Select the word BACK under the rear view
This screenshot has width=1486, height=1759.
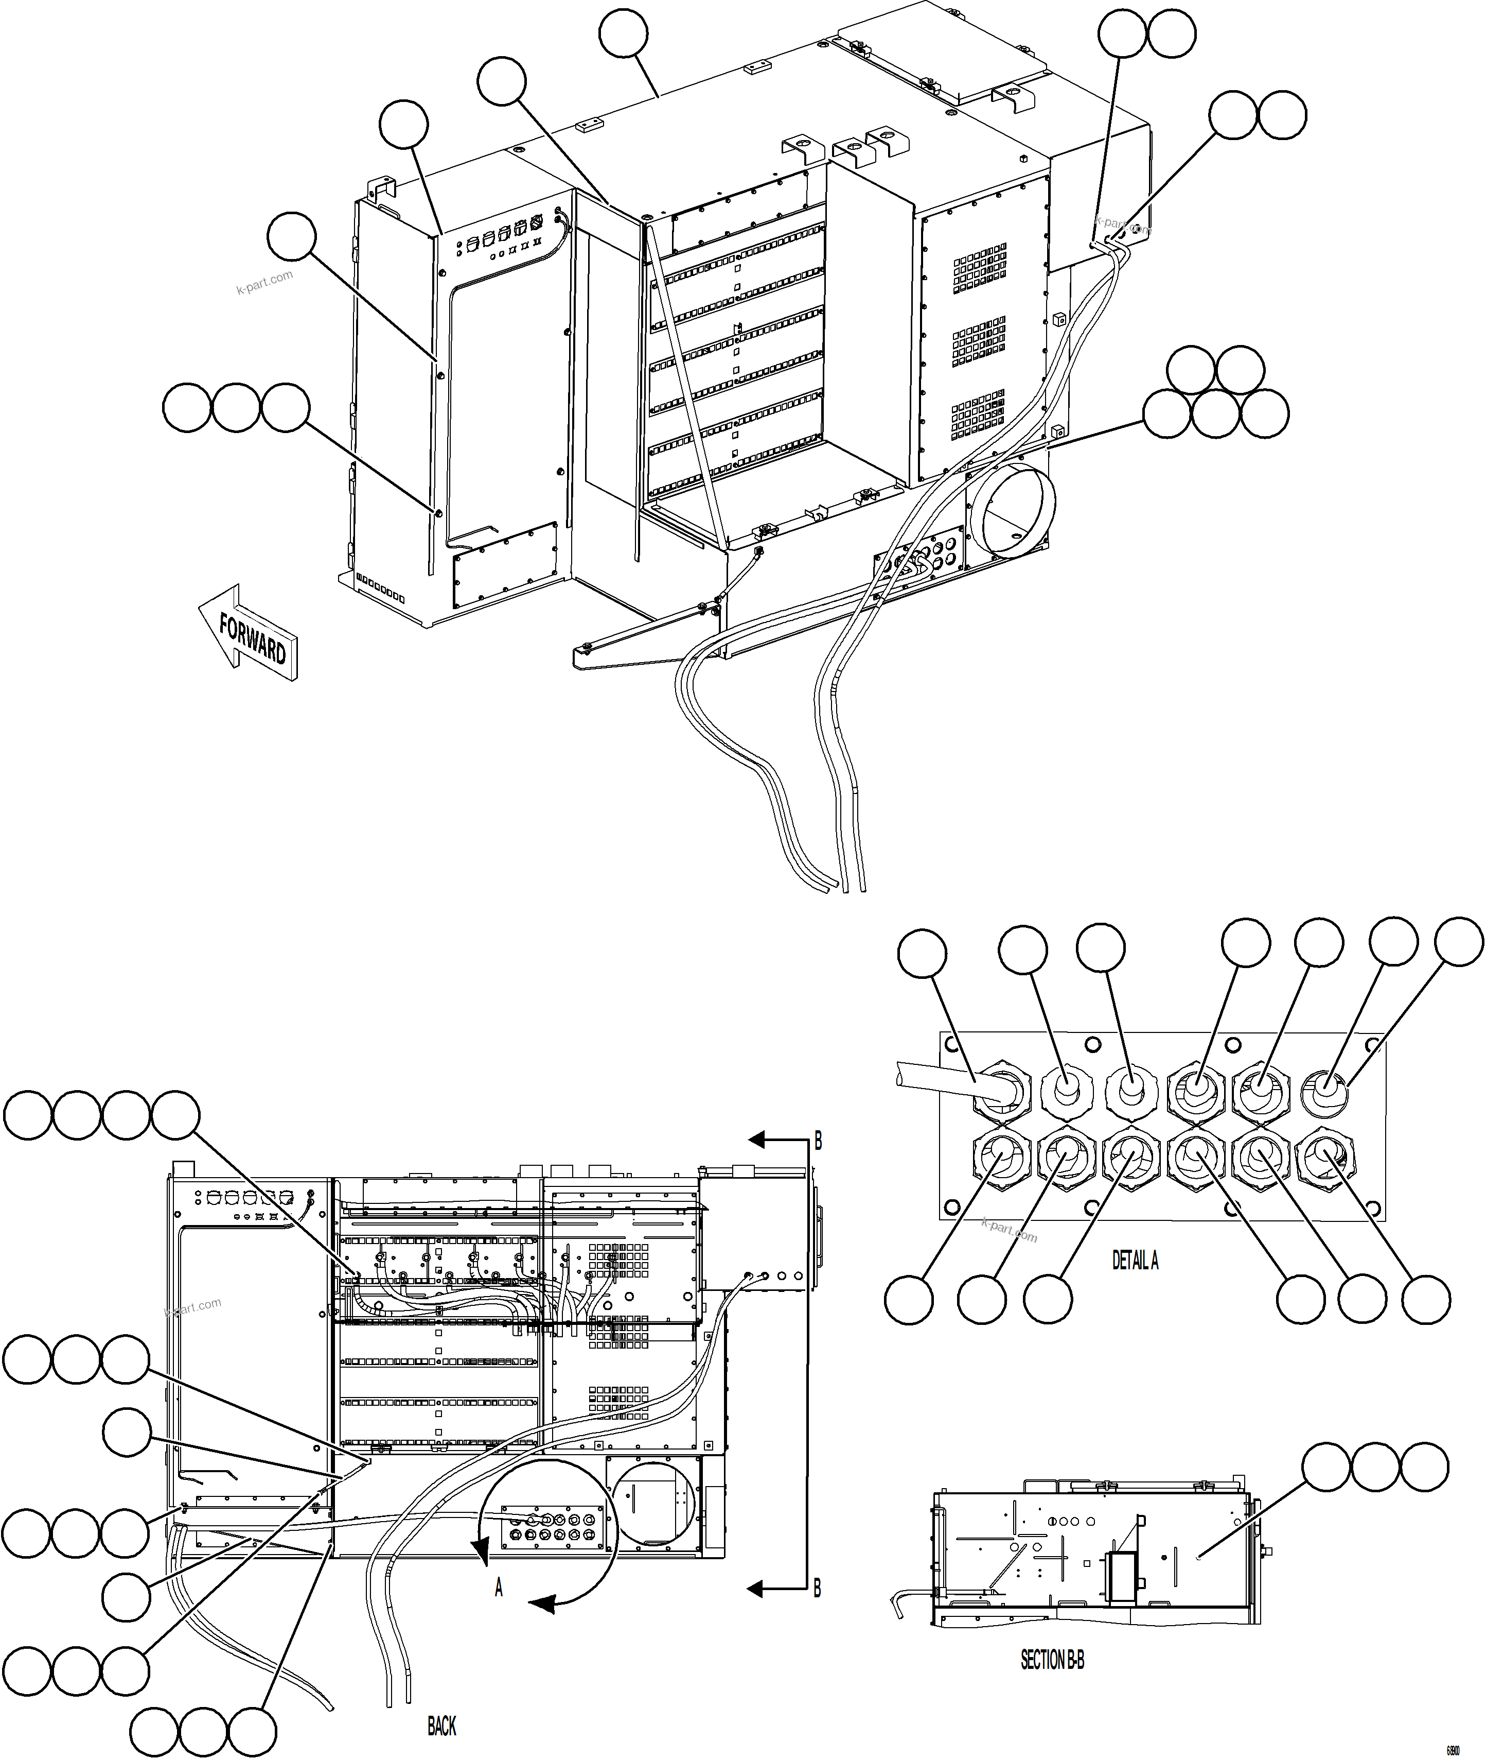441,1727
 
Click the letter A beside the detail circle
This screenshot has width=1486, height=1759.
499,1589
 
